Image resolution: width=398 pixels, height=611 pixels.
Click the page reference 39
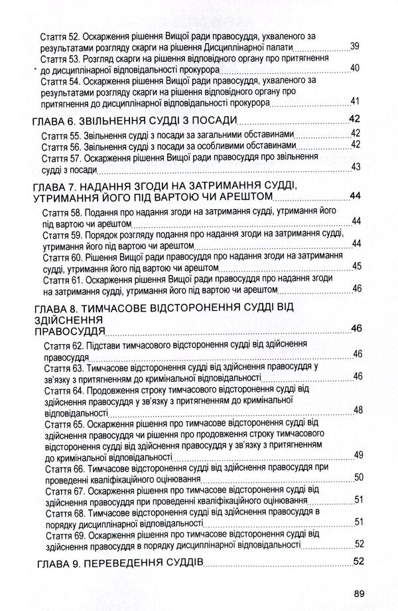pos(355,46)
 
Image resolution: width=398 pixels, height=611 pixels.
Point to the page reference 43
pos(356,166)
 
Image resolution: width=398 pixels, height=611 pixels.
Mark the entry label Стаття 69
pos(64,534)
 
